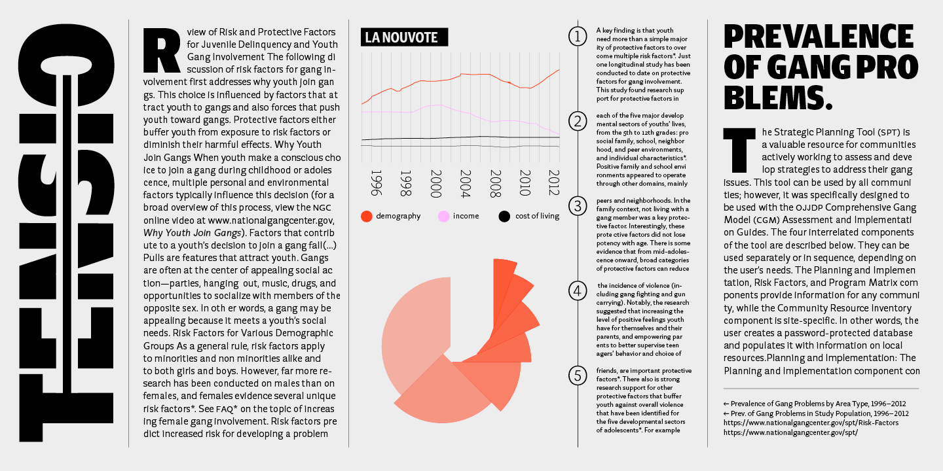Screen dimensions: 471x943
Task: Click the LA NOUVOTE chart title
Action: (404, 37)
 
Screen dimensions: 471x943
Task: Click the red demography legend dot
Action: (367, 216)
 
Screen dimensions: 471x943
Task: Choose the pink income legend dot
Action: (443, 216)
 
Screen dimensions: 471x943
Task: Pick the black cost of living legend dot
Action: (504, 216)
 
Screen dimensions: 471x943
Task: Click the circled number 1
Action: (578, 37)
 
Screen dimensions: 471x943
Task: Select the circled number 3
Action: (578, 207)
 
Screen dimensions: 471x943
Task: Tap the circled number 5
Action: (578, 375)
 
